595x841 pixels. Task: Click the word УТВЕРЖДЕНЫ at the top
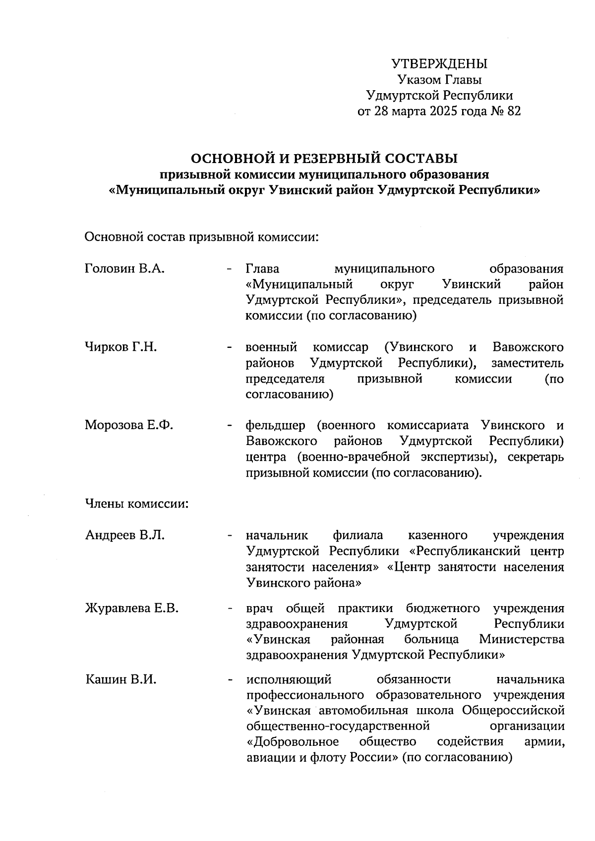pyautogui.click(x=439, y=64)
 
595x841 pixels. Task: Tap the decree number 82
pyautogui.click(x=514, y=111)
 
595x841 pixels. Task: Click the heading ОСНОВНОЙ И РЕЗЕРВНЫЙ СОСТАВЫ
pyautogui.click(x=324, y=159)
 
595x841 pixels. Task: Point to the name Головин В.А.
pyautogui.click(x=124, y=269)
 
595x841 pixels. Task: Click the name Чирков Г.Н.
pyautogui.click(x=120, y=347)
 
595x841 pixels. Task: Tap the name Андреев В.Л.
pyautogui.click(x=124, y=535)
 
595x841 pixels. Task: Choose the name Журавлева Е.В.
pyautogui.click(x=131, y=608)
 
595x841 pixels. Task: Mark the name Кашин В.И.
pyautogui.click(x=120, y=680)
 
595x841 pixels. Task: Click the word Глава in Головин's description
pyautogui.click(x=262, y=269)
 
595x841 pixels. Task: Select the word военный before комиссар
pyautogui.click(x=271, y=347)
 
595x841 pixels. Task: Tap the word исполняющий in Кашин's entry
pyautogui.click(x=288, y=680)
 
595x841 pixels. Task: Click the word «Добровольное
pyautogui.click(x=293, y=742)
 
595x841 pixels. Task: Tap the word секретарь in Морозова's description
pyautogui.click(x=536, y=457)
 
